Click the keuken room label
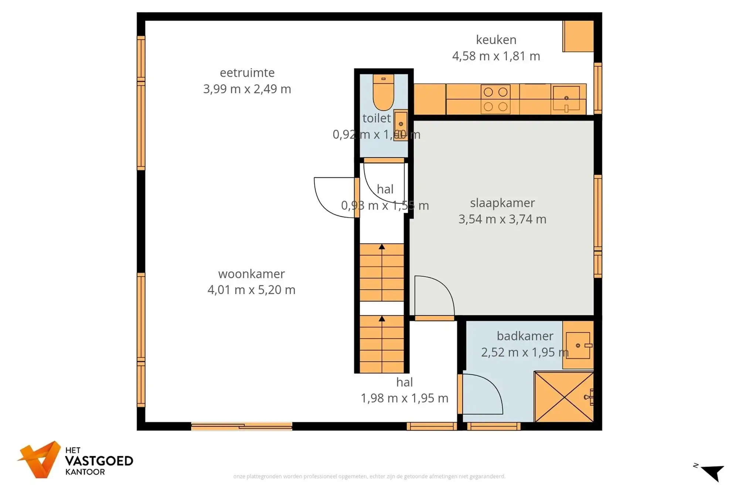pyautogui.click(x=496, y=40)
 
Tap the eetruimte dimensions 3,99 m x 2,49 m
pyautogui.click(x=247, y=89)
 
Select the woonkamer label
pyautogui.click(x=251, y=274)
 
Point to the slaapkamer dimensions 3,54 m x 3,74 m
pyautogui.click(x=502, y=219)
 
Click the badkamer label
pyautogui.click(x=525, y=336)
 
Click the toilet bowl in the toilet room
pyautogui.click(x=383, y=92)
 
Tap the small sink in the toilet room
pyautogui.click(x=401, y=125)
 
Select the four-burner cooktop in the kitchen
pyautogui.click(x=495, y=99)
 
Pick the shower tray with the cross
pyautogui.click(x=564, y=397)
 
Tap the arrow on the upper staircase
pyautogui.click(x=382, y=247)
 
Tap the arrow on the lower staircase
pyautogui.click(x=382, y=319)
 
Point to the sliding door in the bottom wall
pyautogui.click(x=241, y=426)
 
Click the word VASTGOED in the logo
pyautogui.click(x=99, y=461)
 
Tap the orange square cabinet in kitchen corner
pyautogui.click(x=578, y=36)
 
